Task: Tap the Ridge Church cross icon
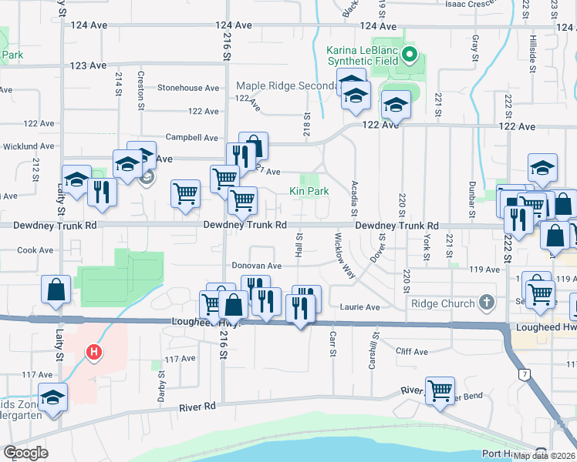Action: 486,303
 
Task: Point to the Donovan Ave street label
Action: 257,266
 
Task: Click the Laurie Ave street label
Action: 360,307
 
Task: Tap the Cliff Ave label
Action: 411,352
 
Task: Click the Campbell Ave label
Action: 192,138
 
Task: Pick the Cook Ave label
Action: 35,250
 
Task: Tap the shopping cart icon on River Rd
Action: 440,390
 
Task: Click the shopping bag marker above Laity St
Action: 57,290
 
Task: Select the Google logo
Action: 25,453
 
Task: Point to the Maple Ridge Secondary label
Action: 286,85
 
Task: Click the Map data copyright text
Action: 545,456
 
